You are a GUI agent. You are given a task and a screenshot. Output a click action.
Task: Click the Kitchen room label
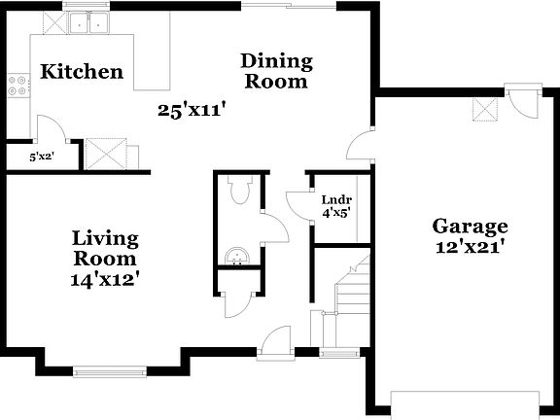[x=82, y=72]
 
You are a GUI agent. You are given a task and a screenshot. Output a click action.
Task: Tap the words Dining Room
[x=276, y=71]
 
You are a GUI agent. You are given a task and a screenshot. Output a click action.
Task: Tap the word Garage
[x=470, y=227]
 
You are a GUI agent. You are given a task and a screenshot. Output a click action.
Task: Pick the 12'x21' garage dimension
[x=470, y=248]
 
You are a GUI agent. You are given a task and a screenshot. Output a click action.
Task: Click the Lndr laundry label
[x=336, y=199]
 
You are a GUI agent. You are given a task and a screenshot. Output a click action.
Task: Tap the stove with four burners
[x=17, y=86]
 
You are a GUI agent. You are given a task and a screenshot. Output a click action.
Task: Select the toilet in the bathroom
[x=242, y=189]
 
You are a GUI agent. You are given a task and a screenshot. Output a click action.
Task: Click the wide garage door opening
[x=464, y=398]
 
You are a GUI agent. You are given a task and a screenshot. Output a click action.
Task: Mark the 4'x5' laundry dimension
[x=336, y=211]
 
